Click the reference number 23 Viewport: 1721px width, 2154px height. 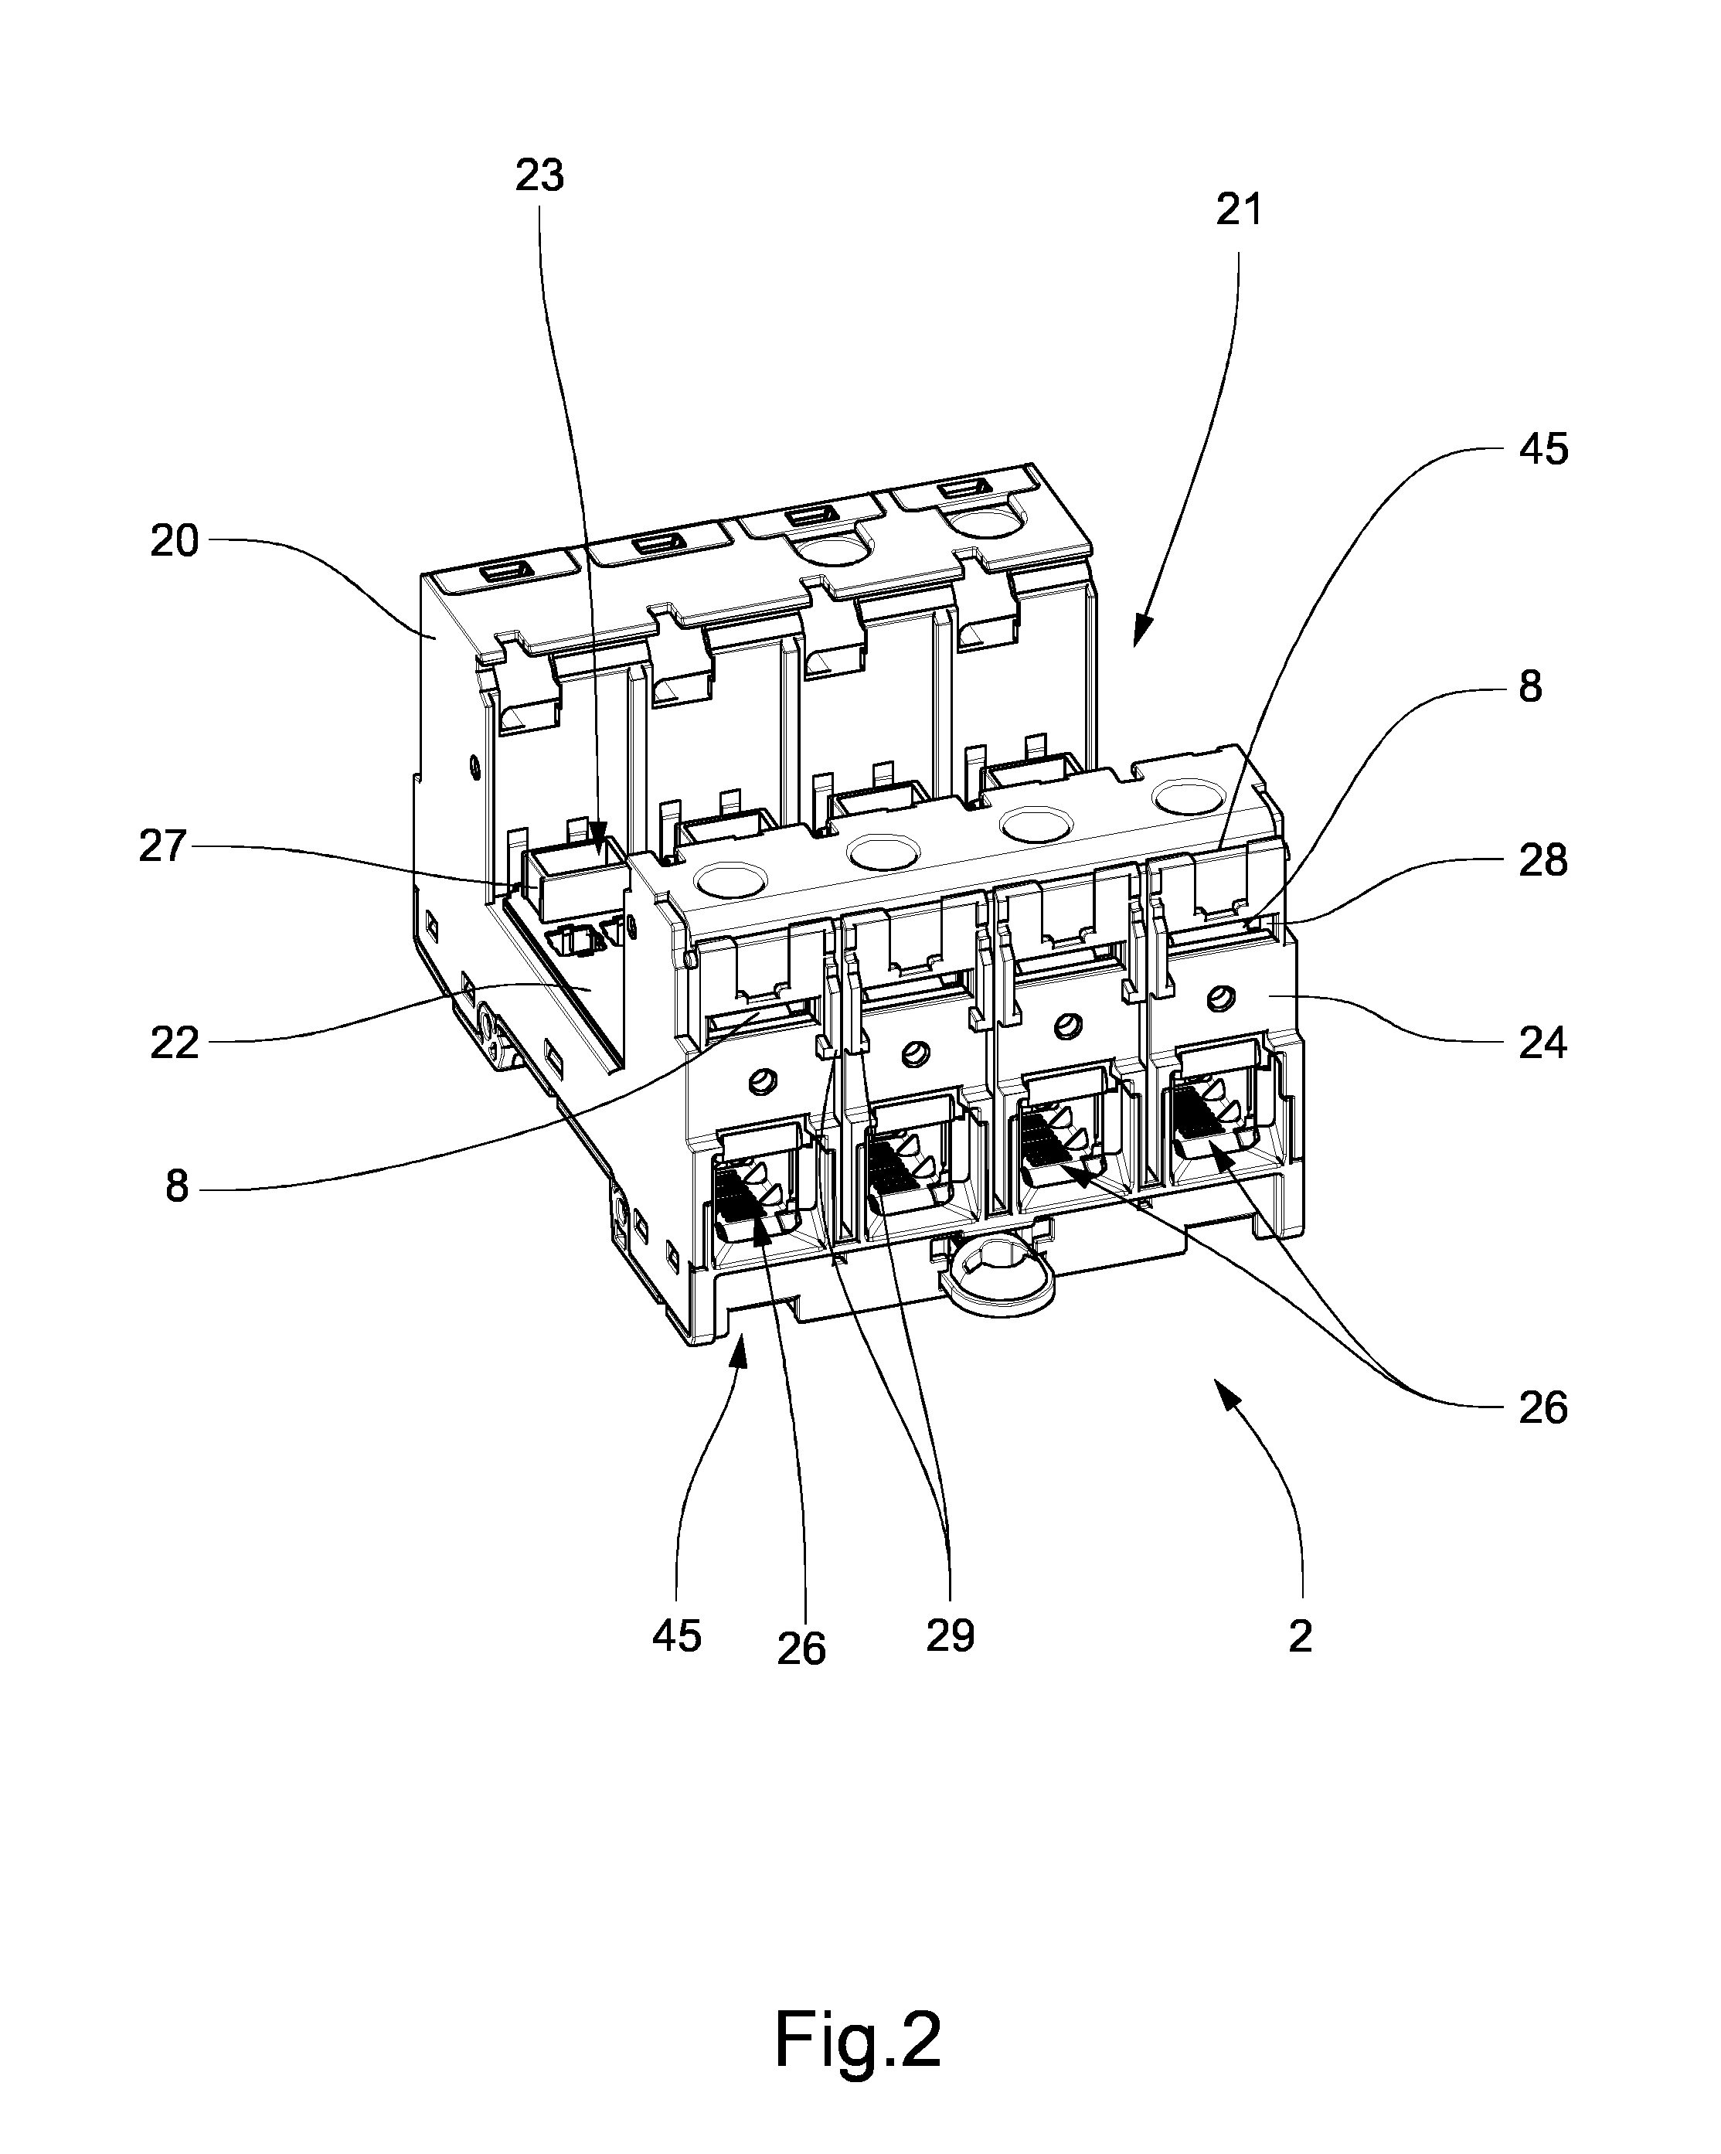pos(539,176)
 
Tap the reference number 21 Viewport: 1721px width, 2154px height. pos(1239,209)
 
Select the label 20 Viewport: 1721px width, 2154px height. pos(175,542)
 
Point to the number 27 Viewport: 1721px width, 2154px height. pos(163,846)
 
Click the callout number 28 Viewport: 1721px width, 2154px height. pos(1543,861)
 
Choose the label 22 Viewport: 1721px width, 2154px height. pos(175,1044)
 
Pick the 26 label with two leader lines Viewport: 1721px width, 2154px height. pos(1543,1409)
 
